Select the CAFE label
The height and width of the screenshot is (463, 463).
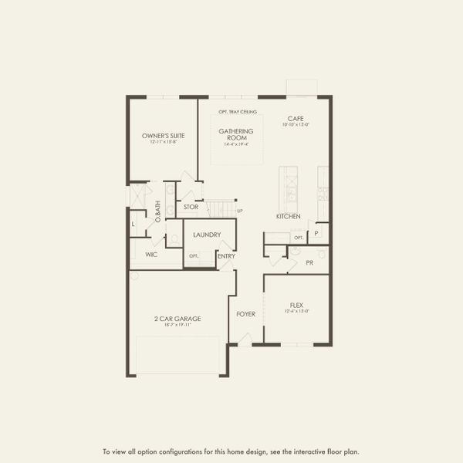coord(295,118)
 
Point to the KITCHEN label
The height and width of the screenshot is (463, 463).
coord(288,216)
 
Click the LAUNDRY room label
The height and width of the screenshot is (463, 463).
coord(208,235)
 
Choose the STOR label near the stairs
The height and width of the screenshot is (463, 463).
coord(191,207)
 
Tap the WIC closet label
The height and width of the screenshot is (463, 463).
coord(151,254)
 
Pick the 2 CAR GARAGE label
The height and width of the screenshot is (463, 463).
coord(177,318)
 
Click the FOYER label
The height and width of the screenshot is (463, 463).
coord(245,314)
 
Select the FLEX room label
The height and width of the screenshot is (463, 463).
coord(297,305)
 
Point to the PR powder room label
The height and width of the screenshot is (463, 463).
coord(309,263)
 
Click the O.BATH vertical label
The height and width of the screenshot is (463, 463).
coord(157,211)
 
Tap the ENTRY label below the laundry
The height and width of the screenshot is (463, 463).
coord(226,256)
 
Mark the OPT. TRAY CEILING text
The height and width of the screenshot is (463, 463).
coord(238,112)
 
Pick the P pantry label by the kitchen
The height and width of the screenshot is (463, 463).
coord(316,232)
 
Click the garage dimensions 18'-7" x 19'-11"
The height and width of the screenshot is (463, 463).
coord(177,325)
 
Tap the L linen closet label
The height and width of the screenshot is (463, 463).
coord(133,225)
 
